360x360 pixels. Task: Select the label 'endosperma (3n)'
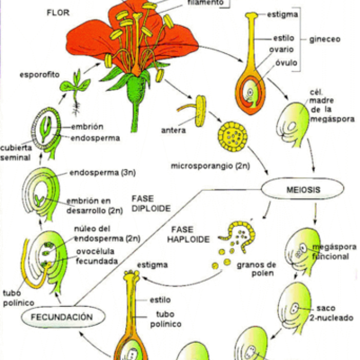click(x=99, y=174)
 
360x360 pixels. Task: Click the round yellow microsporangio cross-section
click(x=237, y=137)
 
